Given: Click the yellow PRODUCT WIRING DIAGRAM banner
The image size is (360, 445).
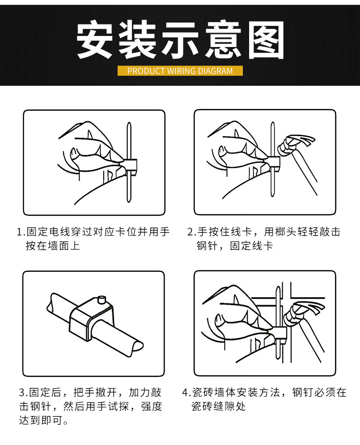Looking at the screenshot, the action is coord(180,70).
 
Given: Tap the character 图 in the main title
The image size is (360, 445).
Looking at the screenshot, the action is coord(266,40).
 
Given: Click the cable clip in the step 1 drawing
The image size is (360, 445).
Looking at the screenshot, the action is coord(131,166).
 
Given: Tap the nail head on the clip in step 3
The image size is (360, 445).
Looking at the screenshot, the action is coord(102,300).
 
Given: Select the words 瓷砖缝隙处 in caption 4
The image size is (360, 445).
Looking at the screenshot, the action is coord(218,407).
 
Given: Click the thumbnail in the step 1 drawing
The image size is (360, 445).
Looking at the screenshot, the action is coord(74,152).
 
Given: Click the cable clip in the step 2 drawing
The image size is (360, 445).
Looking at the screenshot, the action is coord(273,164).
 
